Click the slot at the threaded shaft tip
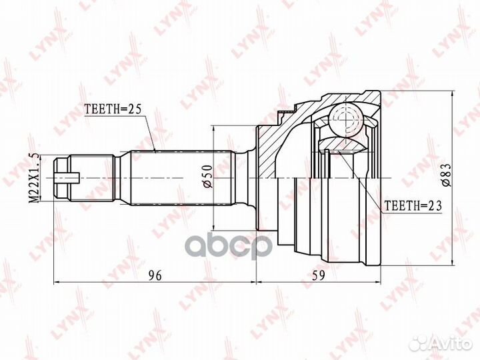[69, 178]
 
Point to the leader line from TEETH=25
[151, 133]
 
